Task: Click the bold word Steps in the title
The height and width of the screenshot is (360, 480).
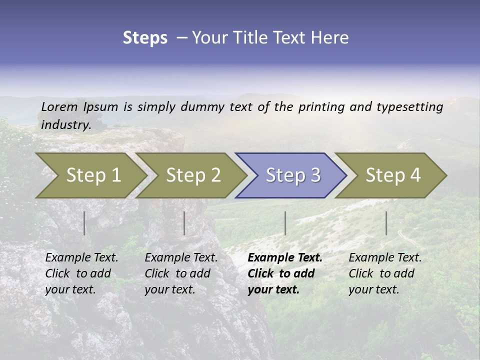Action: [x=145, y=38]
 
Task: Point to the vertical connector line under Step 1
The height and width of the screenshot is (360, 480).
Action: [x=84, y=223]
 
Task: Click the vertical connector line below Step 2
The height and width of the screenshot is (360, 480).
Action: [x=184, y=223]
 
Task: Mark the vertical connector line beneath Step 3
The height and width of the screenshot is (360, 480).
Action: [x=285, y=223]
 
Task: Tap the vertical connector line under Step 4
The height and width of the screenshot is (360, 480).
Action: [x=386, y=223]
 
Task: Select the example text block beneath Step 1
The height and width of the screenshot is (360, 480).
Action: [x=81, y=273]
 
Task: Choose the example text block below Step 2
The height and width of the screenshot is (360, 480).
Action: [x=181, y=273]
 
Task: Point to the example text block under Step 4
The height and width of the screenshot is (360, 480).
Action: [x=385, y=273]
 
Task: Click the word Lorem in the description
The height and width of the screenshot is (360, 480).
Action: [x=59, y=106]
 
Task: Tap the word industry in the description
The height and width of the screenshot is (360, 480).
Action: [x=66, y=125]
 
